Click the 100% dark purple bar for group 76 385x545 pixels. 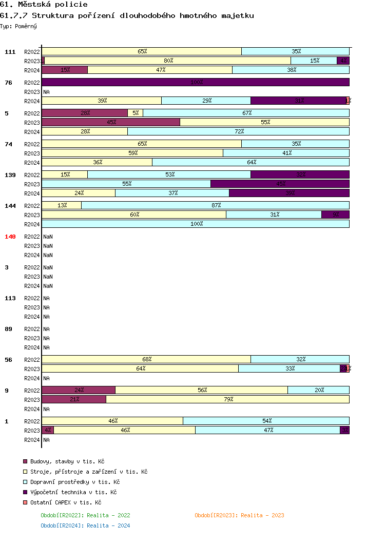196,82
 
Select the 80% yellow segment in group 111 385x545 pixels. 168,61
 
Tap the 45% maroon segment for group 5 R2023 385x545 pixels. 111,122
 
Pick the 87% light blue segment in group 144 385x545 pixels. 216,205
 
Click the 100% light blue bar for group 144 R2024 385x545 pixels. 196,224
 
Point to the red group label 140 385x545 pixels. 10,237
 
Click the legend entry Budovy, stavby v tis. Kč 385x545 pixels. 67,461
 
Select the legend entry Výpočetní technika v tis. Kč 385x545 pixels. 73,492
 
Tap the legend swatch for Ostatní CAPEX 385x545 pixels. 25,502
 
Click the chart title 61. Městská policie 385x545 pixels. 44,5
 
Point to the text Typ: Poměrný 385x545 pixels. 18,26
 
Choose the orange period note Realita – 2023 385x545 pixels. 239,515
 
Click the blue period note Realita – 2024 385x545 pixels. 85,525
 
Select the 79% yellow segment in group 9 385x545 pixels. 228,399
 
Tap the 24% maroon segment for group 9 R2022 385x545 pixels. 79,390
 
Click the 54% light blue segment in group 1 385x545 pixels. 266,421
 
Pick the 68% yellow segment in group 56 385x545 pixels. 146,359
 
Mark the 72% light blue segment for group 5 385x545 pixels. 239,131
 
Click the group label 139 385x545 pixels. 10,175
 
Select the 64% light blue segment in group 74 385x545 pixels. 251,162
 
